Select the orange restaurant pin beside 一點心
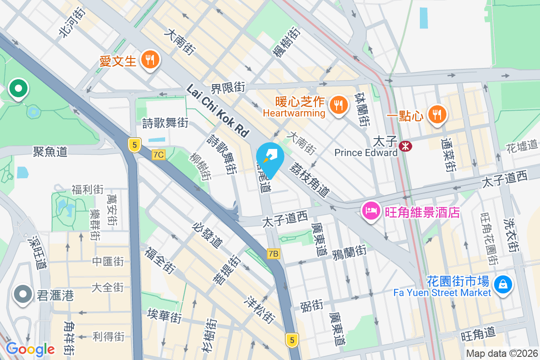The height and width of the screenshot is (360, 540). pos(436,114)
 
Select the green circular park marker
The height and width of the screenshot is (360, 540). pos(18,88)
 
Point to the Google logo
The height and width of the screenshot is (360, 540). pos(30,349)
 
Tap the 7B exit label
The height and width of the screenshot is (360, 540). pos(273,254)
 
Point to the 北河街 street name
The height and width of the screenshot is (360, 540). pos(72,21)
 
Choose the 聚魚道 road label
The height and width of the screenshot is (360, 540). pos(50,151)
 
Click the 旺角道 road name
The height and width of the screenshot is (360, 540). pos(478,334)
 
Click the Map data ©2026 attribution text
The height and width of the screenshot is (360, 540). pos(502,354)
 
